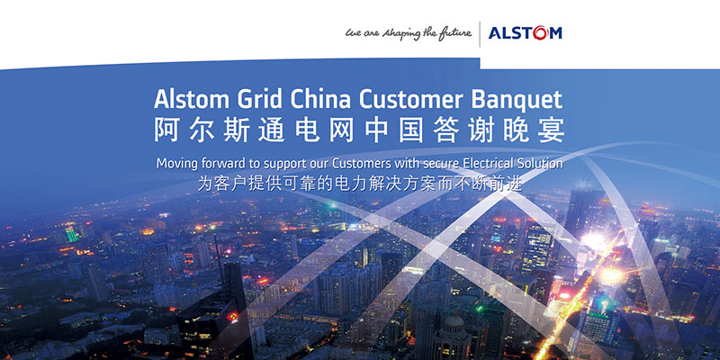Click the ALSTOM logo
pyautogui.click(x=525, y=33)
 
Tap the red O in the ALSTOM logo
pyautogui.click(x=541, y=33)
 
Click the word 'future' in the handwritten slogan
pyautogui.click(x=454, y=33)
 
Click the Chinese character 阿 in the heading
pyautogui.click(x=166, y=130)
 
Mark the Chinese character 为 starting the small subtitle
pyautogui.click(x=204, y=184)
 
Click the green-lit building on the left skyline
pyautogui.click(x=72, y=235)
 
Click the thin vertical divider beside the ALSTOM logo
pyautogui.click(x=480, y=34)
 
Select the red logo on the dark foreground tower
pyautogui.click(x=235, y=316)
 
